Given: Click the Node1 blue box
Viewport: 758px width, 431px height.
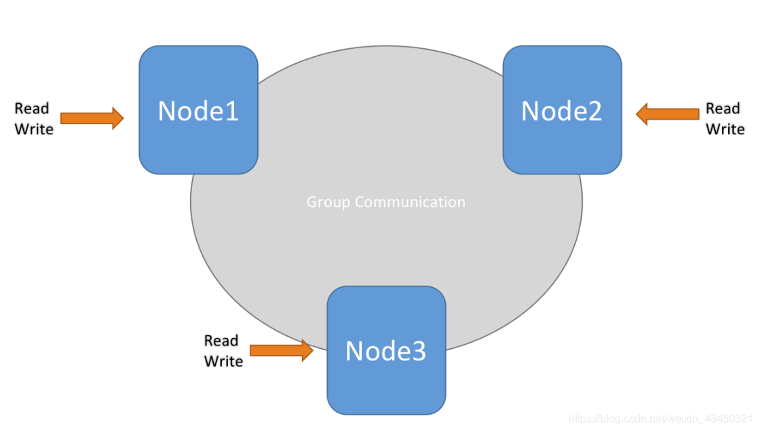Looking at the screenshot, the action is click(198, 110).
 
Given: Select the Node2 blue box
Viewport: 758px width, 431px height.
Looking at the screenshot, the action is click(562, 110).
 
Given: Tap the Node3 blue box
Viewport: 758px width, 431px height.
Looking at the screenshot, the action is click(386, 350).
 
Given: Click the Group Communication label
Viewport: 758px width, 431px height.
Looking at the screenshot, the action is click(385, 202).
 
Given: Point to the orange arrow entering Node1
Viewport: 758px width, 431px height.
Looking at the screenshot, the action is click(92, 118).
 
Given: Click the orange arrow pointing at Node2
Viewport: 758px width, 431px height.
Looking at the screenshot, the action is click(667, 114).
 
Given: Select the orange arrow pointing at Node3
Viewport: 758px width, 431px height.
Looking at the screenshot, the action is click(282, 350).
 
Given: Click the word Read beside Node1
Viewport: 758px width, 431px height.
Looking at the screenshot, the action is click(32, 109).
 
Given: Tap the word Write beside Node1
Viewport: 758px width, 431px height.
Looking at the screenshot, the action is click(34, 129).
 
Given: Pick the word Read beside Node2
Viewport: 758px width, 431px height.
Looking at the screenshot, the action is click(723, 109).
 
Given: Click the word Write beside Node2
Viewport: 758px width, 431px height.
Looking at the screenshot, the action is click(725, 129).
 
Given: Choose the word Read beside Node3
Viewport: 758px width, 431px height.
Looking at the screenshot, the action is click(221, 341).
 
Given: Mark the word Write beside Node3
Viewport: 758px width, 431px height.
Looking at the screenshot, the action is click(223, 361).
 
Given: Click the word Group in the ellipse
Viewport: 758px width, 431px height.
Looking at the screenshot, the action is click(328, 202).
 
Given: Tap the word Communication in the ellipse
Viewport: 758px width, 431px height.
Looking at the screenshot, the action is click(410, 202).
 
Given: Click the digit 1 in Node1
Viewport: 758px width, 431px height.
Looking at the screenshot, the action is click(232, 111).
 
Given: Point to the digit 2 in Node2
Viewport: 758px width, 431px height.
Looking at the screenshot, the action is click(594, 111).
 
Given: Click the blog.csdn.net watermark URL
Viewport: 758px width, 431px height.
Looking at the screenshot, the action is click(660, 418).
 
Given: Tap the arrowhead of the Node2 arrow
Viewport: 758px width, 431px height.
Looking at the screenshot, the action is click(642, 114).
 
